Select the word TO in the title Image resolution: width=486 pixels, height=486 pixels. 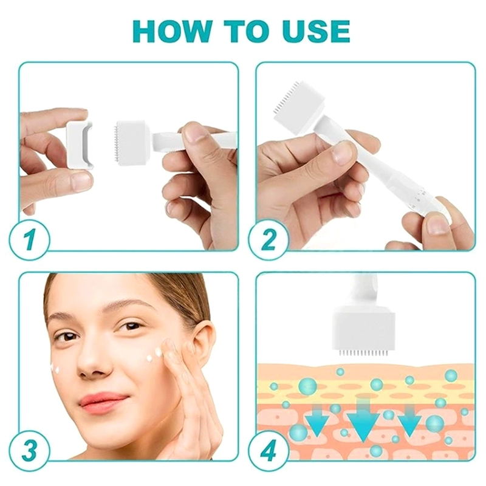[x=245, y=32]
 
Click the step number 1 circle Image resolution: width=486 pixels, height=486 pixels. [x=29, y=240]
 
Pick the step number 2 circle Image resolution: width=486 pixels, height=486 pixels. [x=269, y=239]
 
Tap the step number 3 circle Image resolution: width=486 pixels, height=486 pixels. [x=29, y=450]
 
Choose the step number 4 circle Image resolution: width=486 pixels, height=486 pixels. [x=269, y=450]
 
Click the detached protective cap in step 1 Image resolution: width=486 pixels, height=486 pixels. [x=80, y=145]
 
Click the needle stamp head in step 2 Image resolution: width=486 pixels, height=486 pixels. [x=299, y=105]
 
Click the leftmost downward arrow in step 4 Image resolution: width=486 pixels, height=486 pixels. [x=317, y=421]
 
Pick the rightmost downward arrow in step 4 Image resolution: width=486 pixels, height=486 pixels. [x=409, y=421]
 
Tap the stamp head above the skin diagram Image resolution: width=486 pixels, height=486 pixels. [x=363, y=330]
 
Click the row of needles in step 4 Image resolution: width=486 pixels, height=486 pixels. [x=363, y=353]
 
